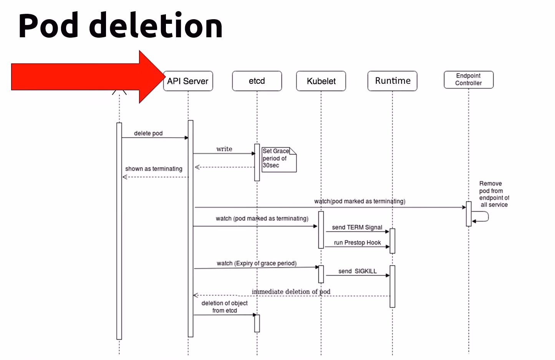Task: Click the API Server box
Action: (x=188, y=81)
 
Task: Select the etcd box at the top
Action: (x=257, y=81)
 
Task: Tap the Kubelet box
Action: (x=321, y=81)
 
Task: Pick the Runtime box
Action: (x=392, y=81)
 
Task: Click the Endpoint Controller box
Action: (x=468, y=80)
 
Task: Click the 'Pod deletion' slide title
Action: (x=120, y=26)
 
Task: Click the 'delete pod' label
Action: (x=148, y=133)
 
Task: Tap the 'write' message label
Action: (x=224, y=149)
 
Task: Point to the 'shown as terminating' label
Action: (x=154, y=169)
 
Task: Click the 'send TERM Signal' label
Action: (x=357, y=227)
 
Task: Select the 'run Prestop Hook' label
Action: (x=357, y=243)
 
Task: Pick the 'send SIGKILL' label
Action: (x=357, y=271)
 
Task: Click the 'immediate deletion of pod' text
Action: (x=291, y=292)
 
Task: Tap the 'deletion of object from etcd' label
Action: (x=224, y=307)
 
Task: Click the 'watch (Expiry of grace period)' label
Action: (x=257, y=263)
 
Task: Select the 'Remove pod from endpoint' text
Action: (x=494, y=194)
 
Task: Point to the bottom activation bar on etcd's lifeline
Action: (x=257, y=323)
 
